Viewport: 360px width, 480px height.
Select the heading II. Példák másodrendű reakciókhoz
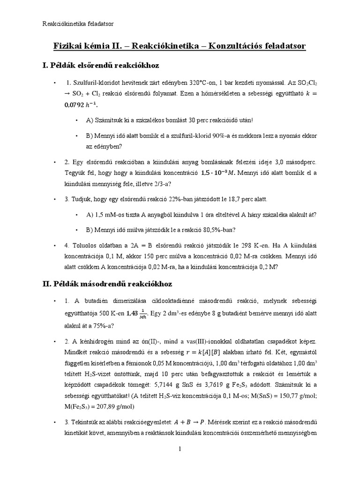(x=107, y=284)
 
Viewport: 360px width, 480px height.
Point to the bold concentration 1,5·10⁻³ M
(x=218, y=173)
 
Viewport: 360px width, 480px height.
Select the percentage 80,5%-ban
(x=217, y=230)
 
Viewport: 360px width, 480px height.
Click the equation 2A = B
(x=141, y=245)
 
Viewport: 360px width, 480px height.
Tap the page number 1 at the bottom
(x=180, y=449)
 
